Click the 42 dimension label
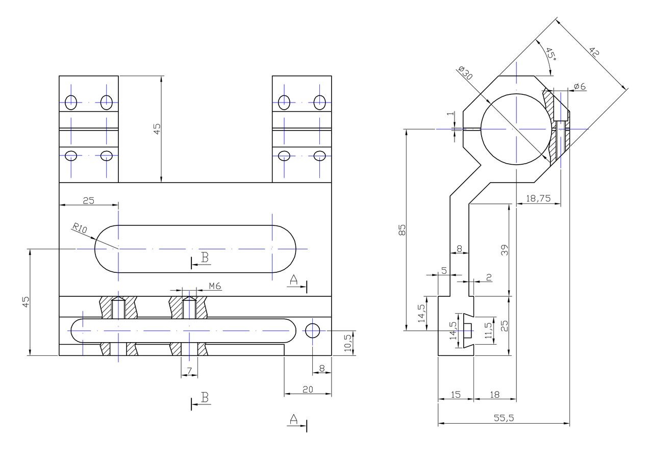[594, 53]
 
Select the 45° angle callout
[550, 54]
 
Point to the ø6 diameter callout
[580, 86]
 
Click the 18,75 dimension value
[538, 198]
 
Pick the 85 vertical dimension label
[402, 230]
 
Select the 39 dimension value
[505, 250]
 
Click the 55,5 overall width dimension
[504, 418]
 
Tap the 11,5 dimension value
[488, 330]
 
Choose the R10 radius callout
[80, 228]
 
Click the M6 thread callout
[215, 287]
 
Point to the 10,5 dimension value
[348, 343]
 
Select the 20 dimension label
[308, 390]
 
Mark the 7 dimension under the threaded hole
[189, 371]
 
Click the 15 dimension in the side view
[456, 395]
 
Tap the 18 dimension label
[494, 395]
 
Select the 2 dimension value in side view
[489, 277]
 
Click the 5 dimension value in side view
[444, 271]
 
